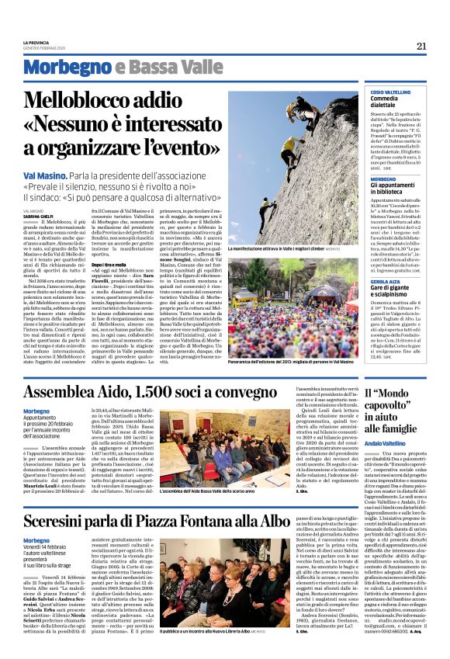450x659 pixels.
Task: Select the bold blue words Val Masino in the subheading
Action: coord(47,177)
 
